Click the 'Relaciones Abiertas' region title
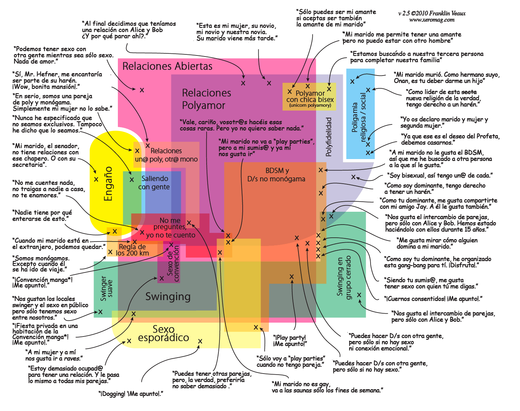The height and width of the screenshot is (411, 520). (167, 66)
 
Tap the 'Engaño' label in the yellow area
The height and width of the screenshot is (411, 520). (108, 184)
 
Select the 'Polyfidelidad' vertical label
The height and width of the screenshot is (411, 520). (328, 137)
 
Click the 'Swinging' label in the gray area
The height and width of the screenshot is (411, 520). (168, 297)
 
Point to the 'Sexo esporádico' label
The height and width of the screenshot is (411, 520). (164, 334)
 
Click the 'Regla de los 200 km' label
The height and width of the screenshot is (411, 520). (132, 250)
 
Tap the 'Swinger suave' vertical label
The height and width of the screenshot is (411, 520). (106, 289)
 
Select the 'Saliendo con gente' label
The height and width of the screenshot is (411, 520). (154, 183)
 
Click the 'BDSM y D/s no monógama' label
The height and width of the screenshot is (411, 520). (276, 175)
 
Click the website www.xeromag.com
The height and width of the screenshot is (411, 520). (432, 20)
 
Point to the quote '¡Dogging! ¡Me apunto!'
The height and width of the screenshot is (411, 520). (131, 394)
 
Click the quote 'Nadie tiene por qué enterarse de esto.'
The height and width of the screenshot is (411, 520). (42, 216)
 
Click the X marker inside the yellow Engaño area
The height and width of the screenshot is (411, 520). (96, 179)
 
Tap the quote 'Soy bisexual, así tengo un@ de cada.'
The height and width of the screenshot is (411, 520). (440, 175)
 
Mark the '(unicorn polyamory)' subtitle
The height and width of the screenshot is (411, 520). (310, 105)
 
